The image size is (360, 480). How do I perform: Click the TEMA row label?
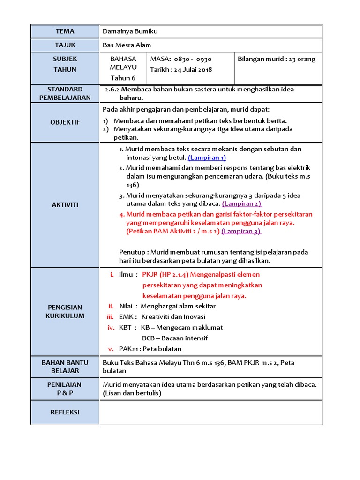pyautogui.click(x=65, y=31)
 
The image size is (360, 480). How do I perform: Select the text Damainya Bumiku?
pyautogui.click(x=124, y=31)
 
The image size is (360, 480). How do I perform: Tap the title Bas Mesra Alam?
pyautogui.click(x=123, y=45)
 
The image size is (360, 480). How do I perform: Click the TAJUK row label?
pyautogui.click(x=65, y=45)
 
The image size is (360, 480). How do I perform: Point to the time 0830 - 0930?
pyautogui.click(x=193, y=59)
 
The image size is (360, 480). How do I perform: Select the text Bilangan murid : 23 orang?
pyautogui.click(x=277, y=59)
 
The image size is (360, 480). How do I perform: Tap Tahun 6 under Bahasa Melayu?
pyautogui.click(x=123, y=78)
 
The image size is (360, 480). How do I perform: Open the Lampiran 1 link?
pyautogui.click(x=207, y=158)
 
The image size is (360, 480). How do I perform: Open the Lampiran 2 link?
pyautogui.click(x=242, y=204)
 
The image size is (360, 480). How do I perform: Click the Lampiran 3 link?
pyautogui.click(x=241, y=231)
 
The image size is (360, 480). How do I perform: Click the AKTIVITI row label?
pyautogui.click(x=65, y=205)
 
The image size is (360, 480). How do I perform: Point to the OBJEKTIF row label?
pyautogui.click(x=65, y=122)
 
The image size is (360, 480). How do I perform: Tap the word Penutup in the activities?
pyautogui.click(x=133, y=252)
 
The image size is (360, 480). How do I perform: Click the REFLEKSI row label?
pyautogui.click(x=65, y=412)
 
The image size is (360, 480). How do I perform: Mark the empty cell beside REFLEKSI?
pyautogui.click(x=211, y=412)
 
